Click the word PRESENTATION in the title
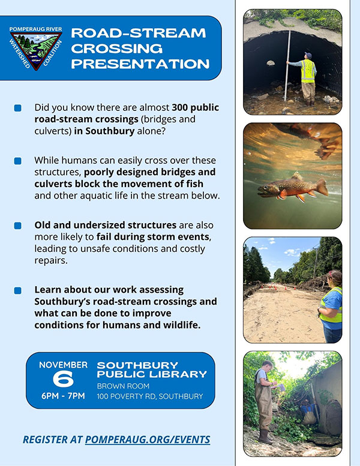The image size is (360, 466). (140, 64)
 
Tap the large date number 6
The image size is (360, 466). (63, 379)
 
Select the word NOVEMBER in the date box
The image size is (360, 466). (63, 365)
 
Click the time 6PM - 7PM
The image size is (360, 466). (63, 396)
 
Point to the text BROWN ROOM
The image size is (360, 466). (123, 386)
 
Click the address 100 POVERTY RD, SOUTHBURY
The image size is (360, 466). (150, 396)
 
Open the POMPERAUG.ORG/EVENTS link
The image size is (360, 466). (148, 440)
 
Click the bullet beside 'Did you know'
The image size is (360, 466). (18, 108)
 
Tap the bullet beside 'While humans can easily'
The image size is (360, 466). (18, 161)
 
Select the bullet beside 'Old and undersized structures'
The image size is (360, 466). (18, 226)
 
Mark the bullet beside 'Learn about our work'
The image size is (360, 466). (18, 290)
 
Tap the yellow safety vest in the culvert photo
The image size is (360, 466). (308, 71)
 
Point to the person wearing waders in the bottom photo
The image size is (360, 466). (263, 399)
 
